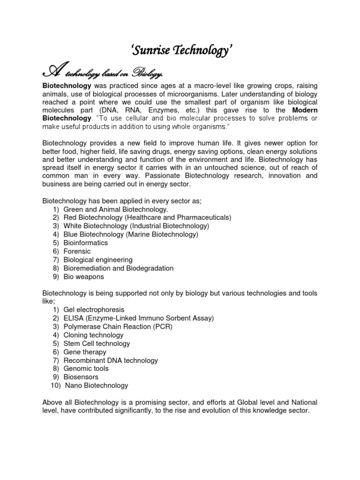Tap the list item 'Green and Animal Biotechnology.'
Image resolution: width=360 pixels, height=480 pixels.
pos(116,209)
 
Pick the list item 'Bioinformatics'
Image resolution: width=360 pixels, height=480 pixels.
pos(86,243)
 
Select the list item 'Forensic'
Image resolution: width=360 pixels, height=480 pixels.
pos(77,251)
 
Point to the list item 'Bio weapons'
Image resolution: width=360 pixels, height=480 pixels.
pos(84,277)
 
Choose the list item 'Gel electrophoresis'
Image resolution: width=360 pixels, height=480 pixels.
pos(94,310)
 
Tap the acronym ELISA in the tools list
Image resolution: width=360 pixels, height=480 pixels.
pos(73,318)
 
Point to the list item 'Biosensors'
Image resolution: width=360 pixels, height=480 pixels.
pos(82,377)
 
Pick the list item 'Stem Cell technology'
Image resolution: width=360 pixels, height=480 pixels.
pos(97,344)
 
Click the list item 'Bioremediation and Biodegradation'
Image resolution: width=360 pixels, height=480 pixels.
pos(119,268)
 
